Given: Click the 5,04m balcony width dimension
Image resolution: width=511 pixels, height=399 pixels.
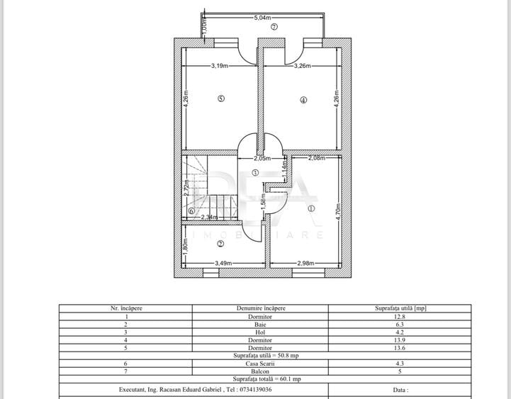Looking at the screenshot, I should pos(263,18).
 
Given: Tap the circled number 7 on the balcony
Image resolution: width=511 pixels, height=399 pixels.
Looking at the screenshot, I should pos(274,27).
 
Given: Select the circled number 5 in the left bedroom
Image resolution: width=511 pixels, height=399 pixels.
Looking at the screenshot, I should pos(221,99).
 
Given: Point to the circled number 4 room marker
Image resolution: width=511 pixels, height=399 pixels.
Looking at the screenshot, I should pos(303,100).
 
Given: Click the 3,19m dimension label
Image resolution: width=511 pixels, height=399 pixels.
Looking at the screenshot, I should pos(220,66).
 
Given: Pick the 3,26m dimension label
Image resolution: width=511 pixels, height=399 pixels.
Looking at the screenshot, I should pos(305,66).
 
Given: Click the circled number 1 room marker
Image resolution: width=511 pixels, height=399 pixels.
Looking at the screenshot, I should pos(310,208).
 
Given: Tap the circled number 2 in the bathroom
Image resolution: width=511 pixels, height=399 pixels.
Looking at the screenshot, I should pos(220,243).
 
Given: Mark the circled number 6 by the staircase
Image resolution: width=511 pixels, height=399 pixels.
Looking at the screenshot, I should pos(191,211).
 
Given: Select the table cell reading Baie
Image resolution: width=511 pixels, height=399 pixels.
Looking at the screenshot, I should pos(260,324).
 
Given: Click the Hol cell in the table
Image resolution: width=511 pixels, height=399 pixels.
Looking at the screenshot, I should pos(260,332).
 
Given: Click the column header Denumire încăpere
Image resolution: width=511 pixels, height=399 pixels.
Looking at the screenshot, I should pos(260,308).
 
